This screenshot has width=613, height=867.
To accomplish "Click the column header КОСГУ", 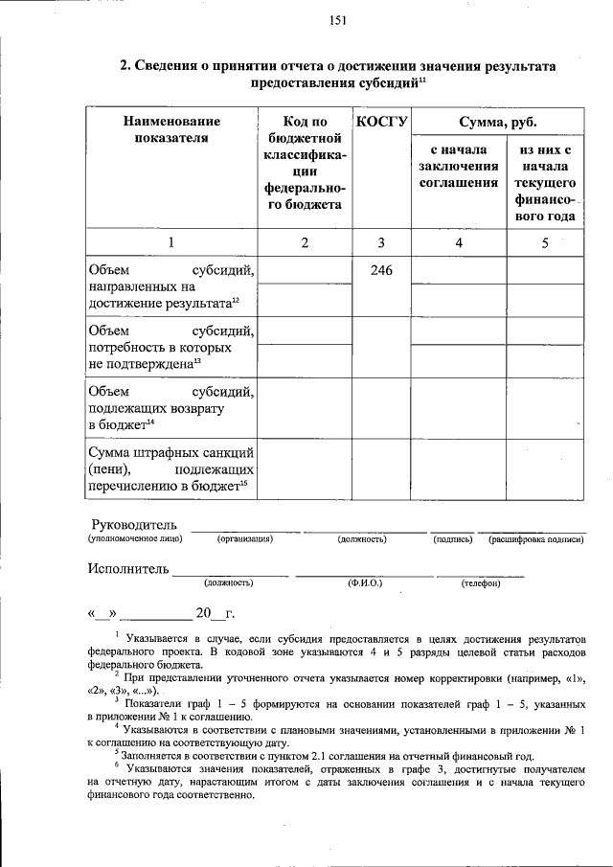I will coord(382,122).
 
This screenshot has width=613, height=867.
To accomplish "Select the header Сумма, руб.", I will coord(497,122).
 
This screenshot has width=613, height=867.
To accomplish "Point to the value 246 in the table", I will coord(382,271).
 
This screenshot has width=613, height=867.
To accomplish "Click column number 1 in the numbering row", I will coord(171,242).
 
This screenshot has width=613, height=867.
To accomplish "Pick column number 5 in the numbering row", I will coord(544,242).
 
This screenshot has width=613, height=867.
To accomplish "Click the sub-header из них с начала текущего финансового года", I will coord(544,182).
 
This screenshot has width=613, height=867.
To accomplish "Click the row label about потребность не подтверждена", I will coord(170,347).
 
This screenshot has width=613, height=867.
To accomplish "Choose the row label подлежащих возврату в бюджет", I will coord(170,407).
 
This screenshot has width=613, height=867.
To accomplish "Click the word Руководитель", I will coord(135,524).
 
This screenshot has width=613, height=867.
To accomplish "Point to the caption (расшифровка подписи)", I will coord(535,539).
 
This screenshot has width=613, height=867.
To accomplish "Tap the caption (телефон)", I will coord(480,582).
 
